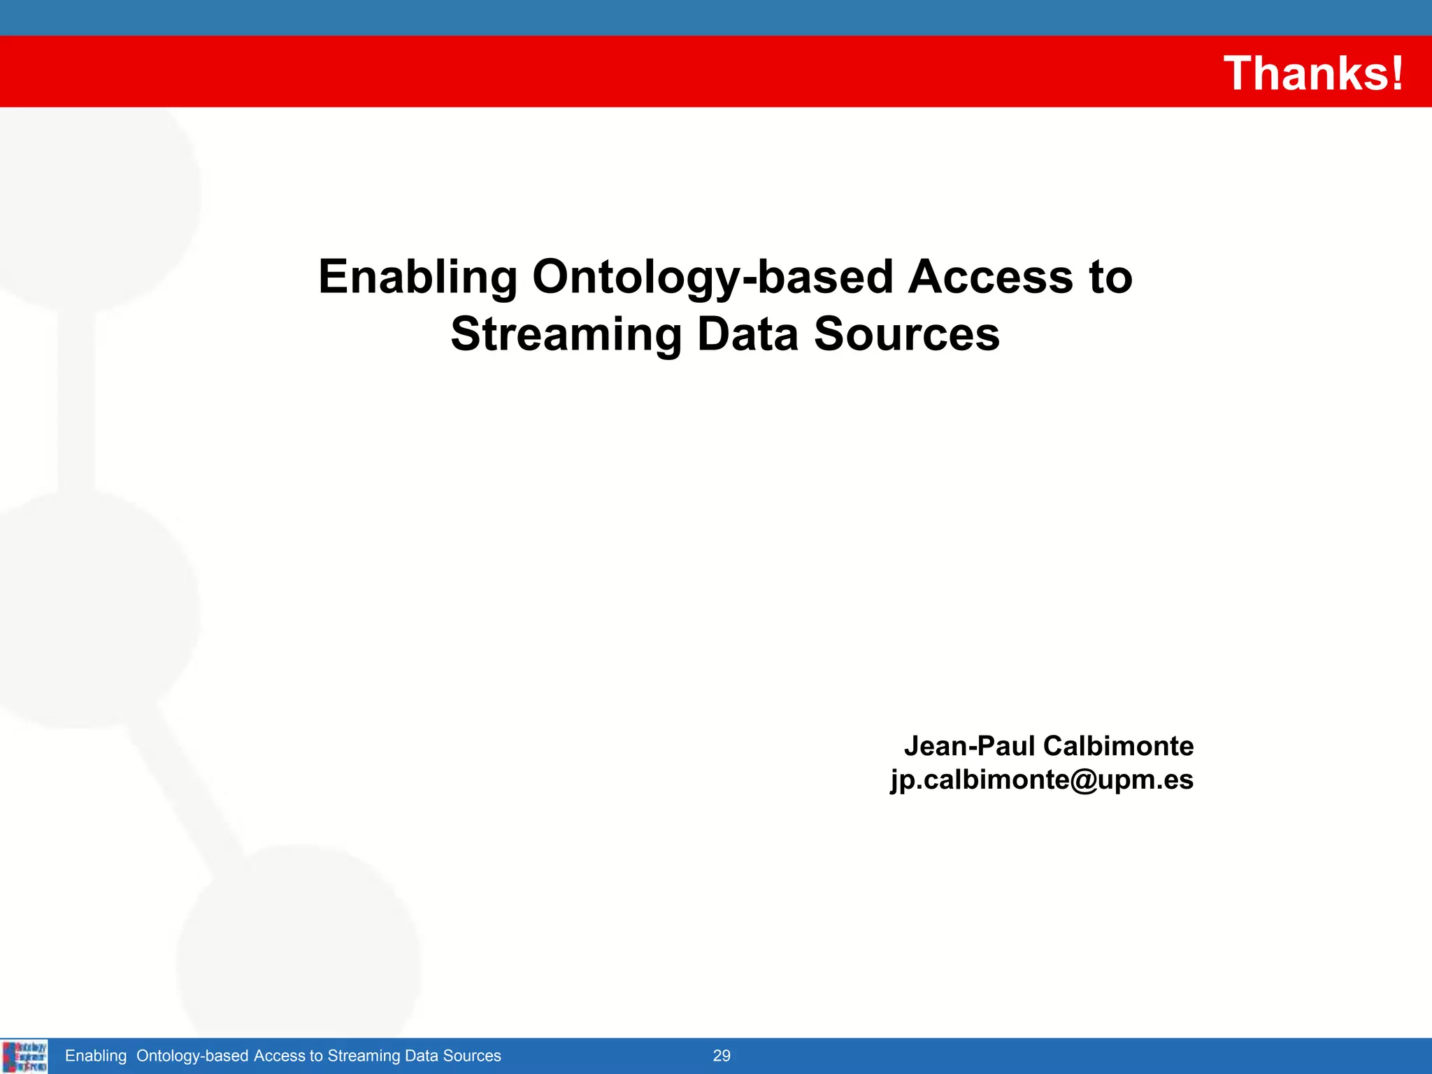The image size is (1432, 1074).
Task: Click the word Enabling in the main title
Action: pos(417,277)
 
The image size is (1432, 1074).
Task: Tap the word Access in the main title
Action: pos(990,277)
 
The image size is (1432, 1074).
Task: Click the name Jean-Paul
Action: pos(968,746)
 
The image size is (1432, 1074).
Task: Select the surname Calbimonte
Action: pos(1117,746)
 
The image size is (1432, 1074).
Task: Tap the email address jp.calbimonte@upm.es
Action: pos(1041,780)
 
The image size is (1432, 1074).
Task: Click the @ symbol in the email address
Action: pos(1083,780)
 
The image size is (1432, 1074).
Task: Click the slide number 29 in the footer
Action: pos(721,1056)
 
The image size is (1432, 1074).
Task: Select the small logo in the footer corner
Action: pos(24,1056)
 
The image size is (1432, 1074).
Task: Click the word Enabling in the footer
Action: pos(96,1056)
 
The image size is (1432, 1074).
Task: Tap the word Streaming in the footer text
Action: pos(364,1056)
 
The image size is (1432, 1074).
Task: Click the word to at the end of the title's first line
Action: pos(1110,277)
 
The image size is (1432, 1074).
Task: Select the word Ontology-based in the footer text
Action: pos(192,1056)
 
